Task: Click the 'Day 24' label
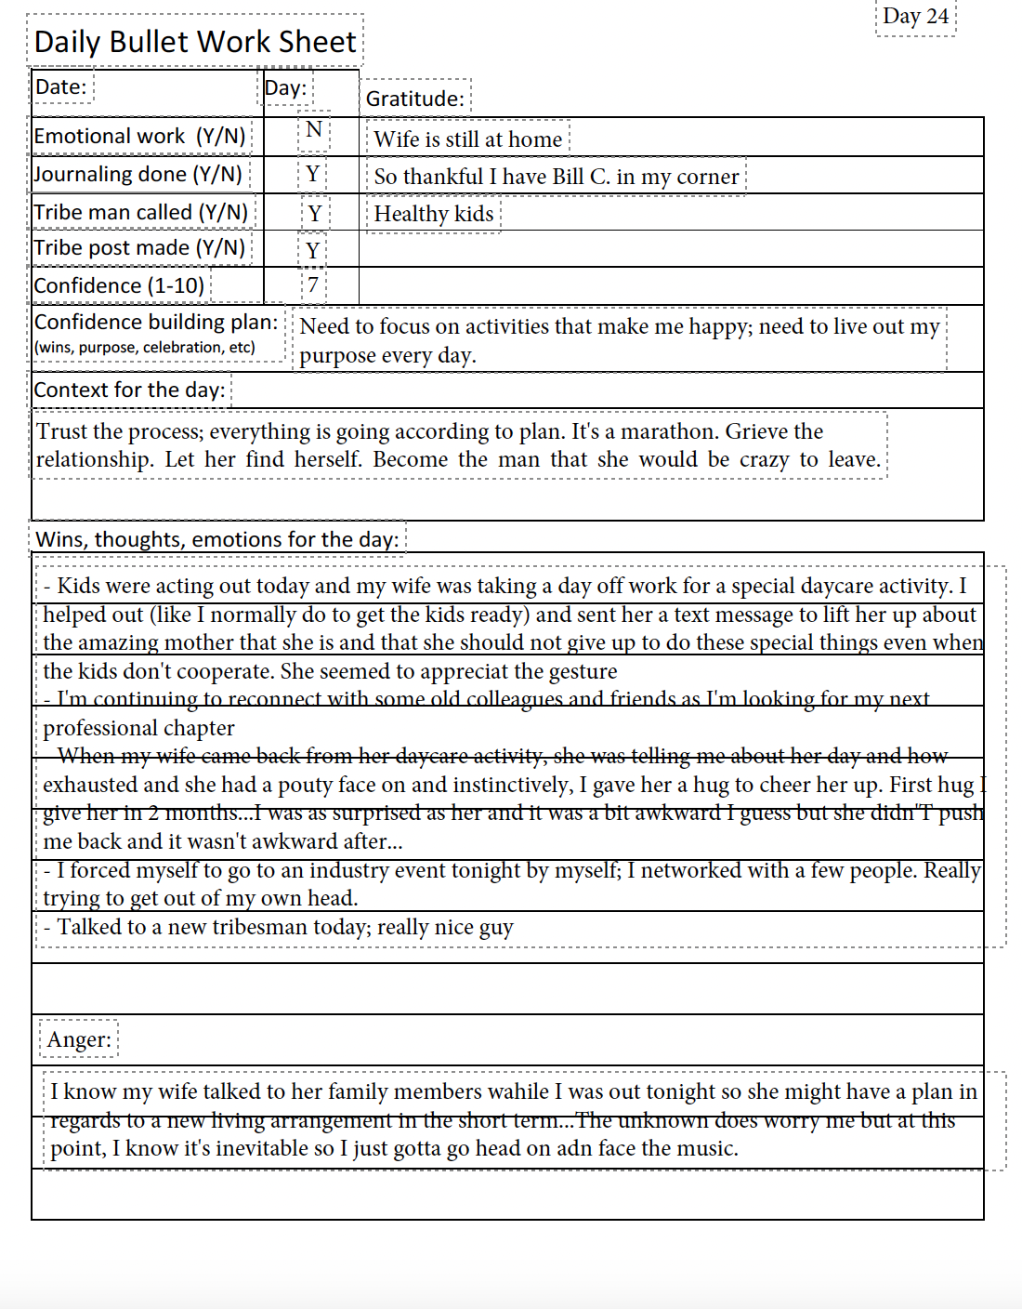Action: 915,17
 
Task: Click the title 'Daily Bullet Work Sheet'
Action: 195,42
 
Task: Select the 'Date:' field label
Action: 60,87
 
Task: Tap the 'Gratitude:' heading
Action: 414,99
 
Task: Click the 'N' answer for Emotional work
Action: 314,129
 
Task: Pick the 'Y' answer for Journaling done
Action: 313,174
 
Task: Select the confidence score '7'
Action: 313,284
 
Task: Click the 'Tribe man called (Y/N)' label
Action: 141,212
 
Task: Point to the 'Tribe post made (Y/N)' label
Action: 139,247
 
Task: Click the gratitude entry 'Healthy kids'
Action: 434,214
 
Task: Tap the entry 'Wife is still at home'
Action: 467,139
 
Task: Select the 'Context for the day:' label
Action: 129,390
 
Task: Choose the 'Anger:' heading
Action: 79,1039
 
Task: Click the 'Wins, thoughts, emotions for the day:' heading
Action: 216,539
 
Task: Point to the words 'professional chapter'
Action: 138,728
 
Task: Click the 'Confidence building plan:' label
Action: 156,322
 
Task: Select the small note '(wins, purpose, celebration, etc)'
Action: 144,348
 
